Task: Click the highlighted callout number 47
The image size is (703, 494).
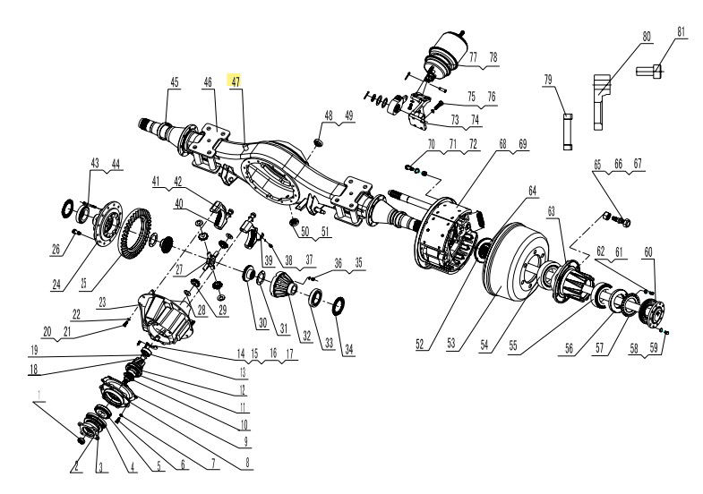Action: pos(236,81)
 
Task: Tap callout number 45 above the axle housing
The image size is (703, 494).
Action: pos(175,82)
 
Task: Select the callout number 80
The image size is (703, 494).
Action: pos(646,37)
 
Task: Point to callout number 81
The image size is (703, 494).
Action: pos(681,32)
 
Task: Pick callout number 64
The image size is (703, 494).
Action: pos(532,190)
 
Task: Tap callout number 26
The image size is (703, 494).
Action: pos(56,250)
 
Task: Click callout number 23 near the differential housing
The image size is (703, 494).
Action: pos(102,302)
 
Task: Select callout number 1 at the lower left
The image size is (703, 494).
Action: pos(39,393)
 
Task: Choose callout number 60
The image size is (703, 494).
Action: pos(648,251)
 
